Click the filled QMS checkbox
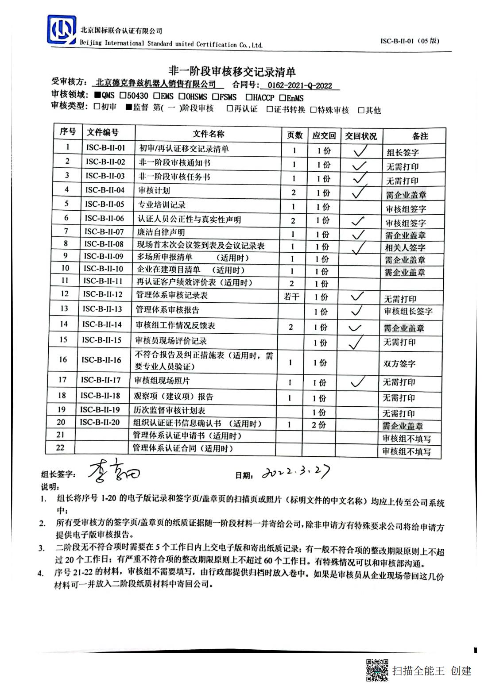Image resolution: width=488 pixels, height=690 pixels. click(97, 95)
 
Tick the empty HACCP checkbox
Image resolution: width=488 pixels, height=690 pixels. click(249, 97)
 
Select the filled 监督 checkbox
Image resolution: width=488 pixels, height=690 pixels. click(129, 107)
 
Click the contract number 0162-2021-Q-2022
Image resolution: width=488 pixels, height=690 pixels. click(299, 85)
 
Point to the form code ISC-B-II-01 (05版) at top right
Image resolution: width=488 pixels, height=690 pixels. click(410, 41)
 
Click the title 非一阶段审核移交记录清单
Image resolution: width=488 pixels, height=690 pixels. click(232, 71)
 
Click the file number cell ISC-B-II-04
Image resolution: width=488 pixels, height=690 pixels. click(105, 190)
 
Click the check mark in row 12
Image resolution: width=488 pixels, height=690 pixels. click(357, 296)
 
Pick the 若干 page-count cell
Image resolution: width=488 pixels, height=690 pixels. click(291, 297)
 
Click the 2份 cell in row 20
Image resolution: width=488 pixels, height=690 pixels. click(318, 425)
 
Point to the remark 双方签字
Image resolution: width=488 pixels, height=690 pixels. click(399, 364)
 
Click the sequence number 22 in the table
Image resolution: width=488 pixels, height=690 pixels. click(60, 447)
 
